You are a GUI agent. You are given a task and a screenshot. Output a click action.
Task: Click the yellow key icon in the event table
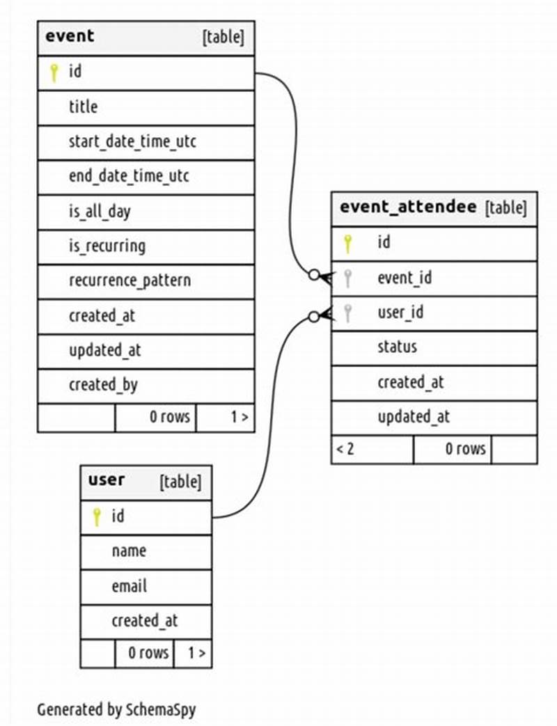pos(54,72)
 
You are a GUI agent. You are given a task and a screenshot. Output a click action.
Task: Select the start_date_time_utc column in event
pos(132,142)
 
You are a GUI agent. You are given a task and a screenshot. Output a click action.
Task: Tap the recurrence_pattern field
pos(130,281)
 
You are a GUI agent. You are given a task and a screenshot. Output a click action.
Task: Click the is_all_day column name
pos(100,212)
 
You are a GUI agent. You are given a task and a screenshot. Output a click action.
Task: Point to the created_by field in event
pos(103,385)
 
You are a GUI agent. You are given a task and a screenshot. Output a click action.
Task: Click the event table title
pos(70,37)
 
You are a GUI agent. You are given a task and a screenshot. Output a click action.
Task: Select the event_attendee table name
pos(408,207)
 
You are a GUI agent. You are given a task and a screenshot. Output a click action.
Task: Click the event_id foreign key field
pos(405,278)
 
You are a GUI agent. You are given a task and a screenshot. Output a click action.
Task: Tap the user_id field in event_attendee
pos(400,313)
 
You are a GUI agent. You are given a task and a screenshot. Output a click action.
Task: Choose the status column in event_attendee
pos(397,347)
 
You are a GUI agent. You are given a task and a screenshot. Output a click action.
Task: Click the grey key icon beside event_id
pos(348,278)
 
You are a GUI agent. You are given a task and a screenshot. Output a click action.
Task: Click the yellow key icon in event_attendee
pos(348,243)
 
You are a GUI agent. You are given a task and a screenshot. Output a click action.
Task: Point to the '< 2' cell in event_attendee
pos(345,449)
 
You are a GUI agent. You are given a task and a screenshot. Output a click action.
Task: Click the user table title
pos(107,480)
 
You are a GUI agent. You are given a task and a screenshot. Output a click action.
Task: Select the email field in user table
pos(129,586)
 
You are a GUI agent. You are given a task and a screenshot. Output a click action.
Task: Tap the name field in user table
pos(129,551)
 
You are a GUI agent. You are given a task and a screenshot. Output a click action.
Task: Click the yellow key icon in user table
pos(97,516)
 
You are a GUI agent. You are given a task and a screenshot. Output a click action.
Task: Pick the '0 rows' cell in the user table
pos(148,653)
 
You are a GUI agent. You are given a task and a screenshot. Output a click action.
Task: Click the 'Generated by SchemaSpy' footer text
pos(116,710)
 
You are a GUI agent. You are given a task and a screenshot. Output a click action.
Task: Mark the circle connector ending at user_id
pos(314,317)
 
